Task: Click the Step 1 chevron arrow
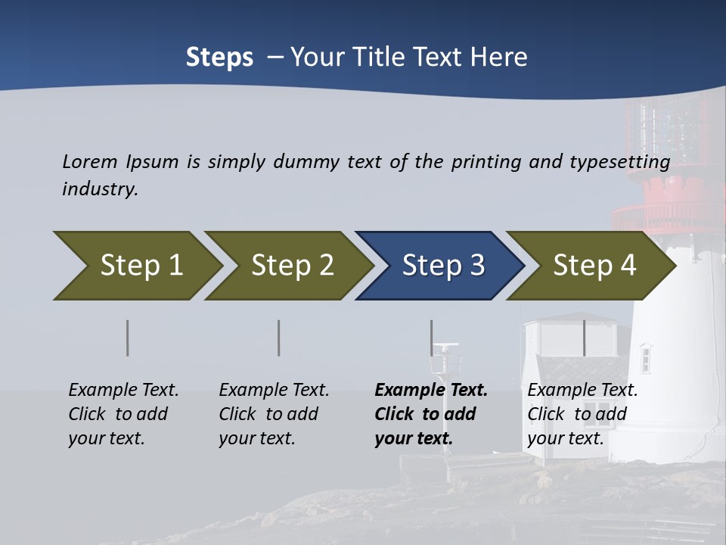coord(140,266)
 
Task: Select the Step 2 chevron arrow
coord(291,266)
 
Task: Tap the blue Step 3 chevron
coord(442,266)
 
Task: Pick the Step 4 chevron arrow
coord(594,266)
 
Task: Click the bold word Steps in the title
coord(219,58)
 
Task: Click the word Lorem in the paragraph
coord(90,162)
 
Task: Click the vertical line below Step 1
coord(128,338)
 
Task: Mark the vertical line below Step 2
coord(279,338)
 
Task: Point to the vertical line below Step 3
coord(432,338)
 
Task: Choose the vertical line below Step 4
coord(584,338)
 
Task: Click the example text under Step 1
coord(123,414)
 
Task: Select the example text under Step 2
coord(274,414)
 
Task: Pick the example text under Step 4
coord(582,414)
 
